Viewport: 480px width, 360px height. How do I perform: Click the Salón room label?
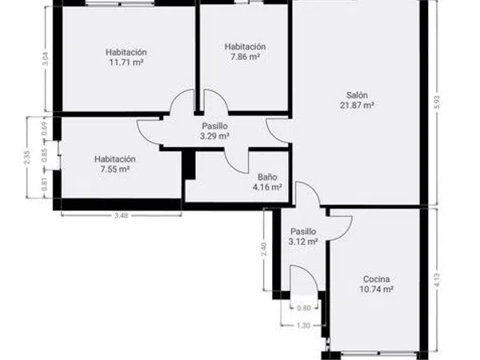pos(357,95)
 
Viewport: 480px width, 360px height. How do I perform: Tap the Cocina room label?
pos(376,279)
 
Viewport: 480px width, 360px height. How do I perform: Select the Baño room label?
pos(267,177)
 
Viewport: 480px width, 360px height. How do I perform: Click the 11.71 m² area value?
pos(126,62)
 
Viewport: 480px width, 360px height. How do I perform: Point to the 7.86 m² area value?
pos(245,57)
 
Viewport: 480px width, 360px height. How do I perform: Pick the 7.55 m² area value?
pos(114,170)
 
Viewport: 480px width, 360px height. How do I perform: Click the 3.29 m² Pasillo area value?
pos(214,136)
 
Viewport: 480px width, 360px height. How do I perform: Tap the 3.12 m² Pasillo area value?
pos(303,242)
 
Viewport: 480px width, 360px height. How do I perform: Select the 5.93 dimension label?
pos(437,102)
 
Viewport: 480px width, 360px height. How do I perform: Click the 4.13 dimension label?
pos(437,280)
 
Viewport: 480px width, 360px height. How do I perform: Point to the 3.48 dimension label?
pos(122,215)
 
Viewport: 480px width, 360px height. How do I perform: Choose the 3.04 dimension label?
pos(46,59)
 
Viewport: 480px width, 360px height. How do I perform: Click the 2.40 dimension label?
pos(264,249)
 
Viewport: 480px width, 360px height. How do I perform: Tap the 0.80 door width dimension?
pos(304,308)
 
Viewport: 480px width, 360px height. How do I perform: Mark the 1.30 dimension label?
pos(303,326)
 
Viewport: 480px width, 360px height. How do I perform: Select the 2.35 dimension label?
pos(27,158)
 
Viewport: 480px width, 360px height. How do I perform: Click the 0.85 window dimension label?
pos(45,155)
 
